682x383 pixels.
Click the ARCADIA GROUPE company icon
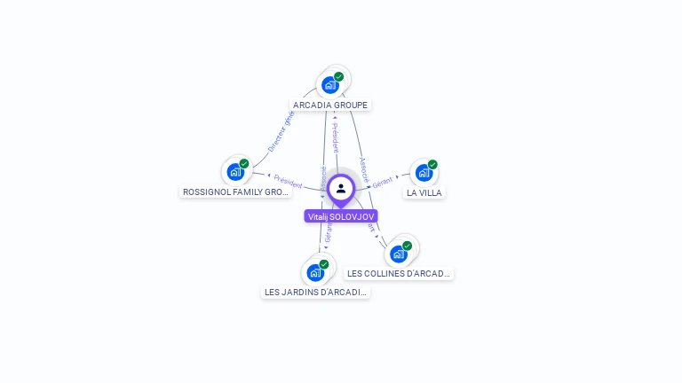(x=330, y=85)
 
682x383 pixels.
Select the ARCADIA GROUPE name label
(x=330, y=105)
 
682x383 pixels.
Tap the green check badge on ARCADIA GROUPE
(x=338, y=77)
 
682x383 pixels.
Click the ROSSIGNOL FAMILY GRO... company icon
(x=235, y=171)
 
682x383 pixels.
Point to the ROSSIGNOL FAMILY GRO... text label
(x=235, y=191)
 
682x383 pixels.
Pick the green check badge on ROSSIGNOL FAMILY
(x=243, y=164)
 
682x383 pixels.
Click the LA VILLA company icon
(x=424, y=172)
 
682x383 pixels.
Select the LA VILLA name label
(x=424, y=192)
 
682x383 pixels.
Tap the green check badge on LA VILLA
(x=432, y=165)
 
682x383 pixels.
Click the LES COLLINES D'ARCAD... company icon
(x=399, y=254)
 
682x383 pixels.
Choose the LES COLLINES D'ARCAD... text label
(x=399, y=274)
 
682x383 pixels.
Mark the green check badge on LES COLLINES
(x=407, y=246)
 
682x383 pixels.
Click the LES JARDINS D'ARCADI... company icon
(x=315, y=272)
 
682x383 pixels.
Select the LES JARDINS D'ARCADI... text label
(x=315, y=292)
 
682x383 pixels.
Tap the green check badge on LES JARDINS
(x=324, y=264)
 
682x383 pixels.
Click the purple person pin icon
(x=341, y=189)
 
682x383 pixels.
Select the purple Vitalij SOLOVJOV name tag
(x=341, y=216)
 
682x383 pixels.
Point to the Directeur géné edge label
(x=282, y=132)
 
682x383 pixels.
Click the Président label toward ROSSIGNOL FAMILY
(x=288, y=180)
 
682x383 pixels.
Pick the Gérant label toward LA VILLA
(x=383, y=181)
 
